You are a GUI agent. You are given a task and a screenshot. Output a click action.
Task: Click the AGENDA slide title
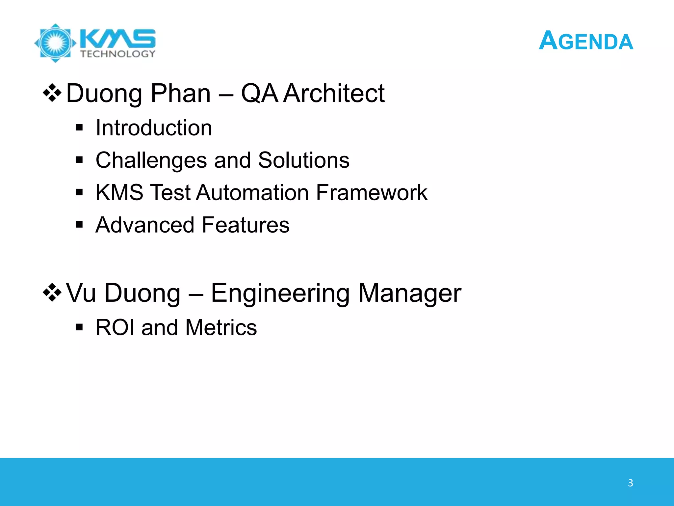(586, 41)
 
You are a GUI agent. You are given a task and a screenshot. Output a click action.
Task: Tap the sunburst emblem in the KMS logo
(55, 43)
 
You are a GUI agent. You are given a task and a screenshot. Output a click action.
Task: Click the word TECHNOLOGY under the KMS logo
(117, 54)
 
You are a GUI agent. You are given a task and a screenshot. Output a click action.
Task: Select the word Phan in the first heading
(181, 93)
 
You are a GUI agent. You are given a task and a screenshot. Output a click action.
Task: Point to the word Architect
(334, 93)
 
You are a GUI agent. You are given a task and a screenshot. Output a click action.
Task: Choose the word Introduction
(154, 128)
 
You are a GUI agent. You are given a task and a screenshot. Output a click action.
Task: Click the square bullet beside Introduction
(79, 128)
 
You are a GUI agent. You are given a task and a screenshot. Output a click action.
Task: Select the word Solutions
(303, 160)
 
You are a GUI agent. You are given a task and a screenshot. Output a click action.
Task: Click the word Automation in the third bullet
(252, 192)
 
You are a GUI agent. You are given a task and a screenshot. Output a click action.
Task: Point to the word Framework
(372, 192)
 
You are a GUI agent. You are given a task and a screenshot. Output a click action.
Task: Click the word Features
(246, 225)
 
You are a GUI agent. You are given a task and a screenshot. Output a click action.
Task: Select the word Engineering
(280, 293)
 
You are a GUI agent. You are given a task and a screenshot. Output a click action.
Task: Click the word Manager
(410, 293)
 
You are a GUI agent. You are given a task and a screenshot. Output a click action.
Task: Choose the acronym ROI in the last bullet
(115, 327)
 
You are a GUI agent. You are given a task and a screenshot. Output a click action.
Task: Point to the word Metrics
(221, 327)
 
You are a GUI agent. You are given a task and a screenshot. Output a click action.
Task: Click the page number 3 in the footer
(630, 483)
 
